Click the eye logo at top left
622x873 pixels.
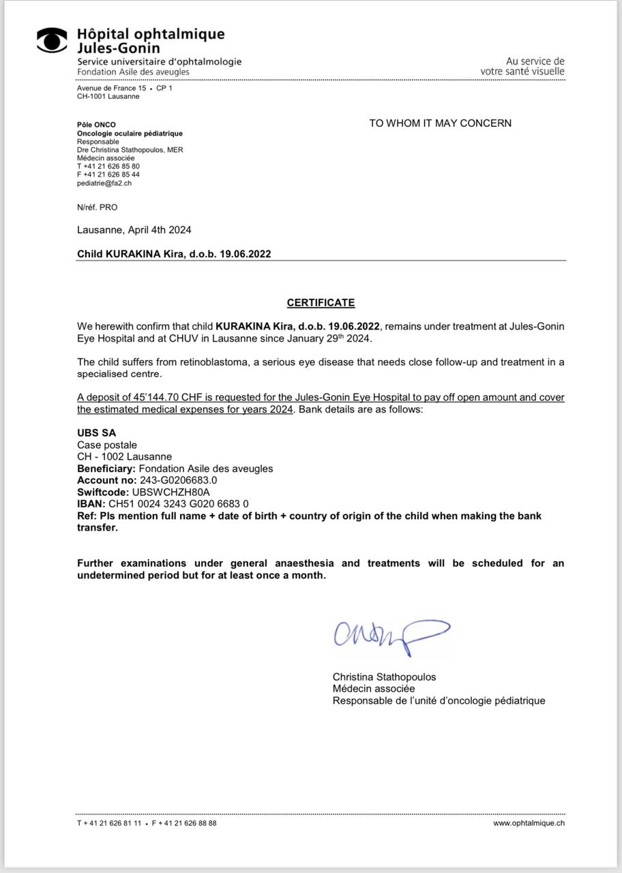[x=53, y=41]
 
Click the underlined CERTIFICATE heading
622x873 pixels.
[x=321, y=303]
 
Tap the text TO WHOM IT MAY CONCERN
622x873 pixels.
[x=440, y=123]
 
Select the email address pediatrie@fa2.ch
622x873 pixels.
[x=104, y=183]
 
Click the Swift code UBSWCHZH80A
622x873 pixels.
[x=171, y=492]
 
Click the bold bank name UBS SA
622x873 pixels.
[x=96, y=433]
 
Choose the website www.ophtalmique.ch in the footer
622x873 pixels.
[x=529, y=823]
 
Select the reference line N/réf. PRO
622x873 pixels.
[x=97, y=207]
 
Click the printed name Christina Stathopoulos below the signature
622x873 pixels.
[x=384, y=677]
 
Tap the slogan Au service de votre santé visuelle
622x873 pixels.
[x=522, y=66]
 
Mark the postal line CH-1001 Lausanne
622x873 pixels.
[x=108, y=96]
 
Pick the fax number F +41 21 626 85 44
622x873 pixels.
[x=108, y=175]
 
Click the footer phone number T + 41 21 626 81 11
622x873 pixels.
[x=109, y=823]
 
